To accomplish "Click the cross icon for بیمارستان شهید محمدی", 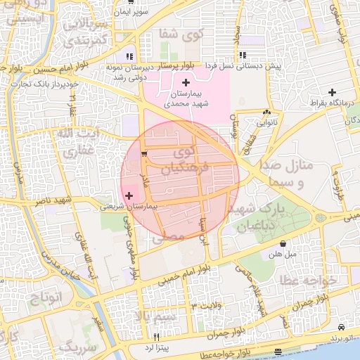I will pos(186,84).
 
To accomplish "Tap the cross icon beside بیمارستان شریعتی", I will pos(128,195).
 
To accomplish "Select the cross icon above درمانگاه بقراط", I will pos(333,92).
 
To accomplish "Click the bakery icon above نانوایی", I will pos(266,112).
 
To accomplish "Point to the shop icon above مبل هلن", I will pos(283,243).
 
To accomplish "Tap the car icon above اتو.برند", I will pos(341,328).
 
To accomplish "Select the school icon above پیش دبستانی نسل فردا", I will pos(242,56).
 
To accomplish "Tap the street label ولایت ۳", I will pos(206,306).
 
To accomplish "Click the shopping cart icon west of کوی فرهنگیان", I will pos(144,153).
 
